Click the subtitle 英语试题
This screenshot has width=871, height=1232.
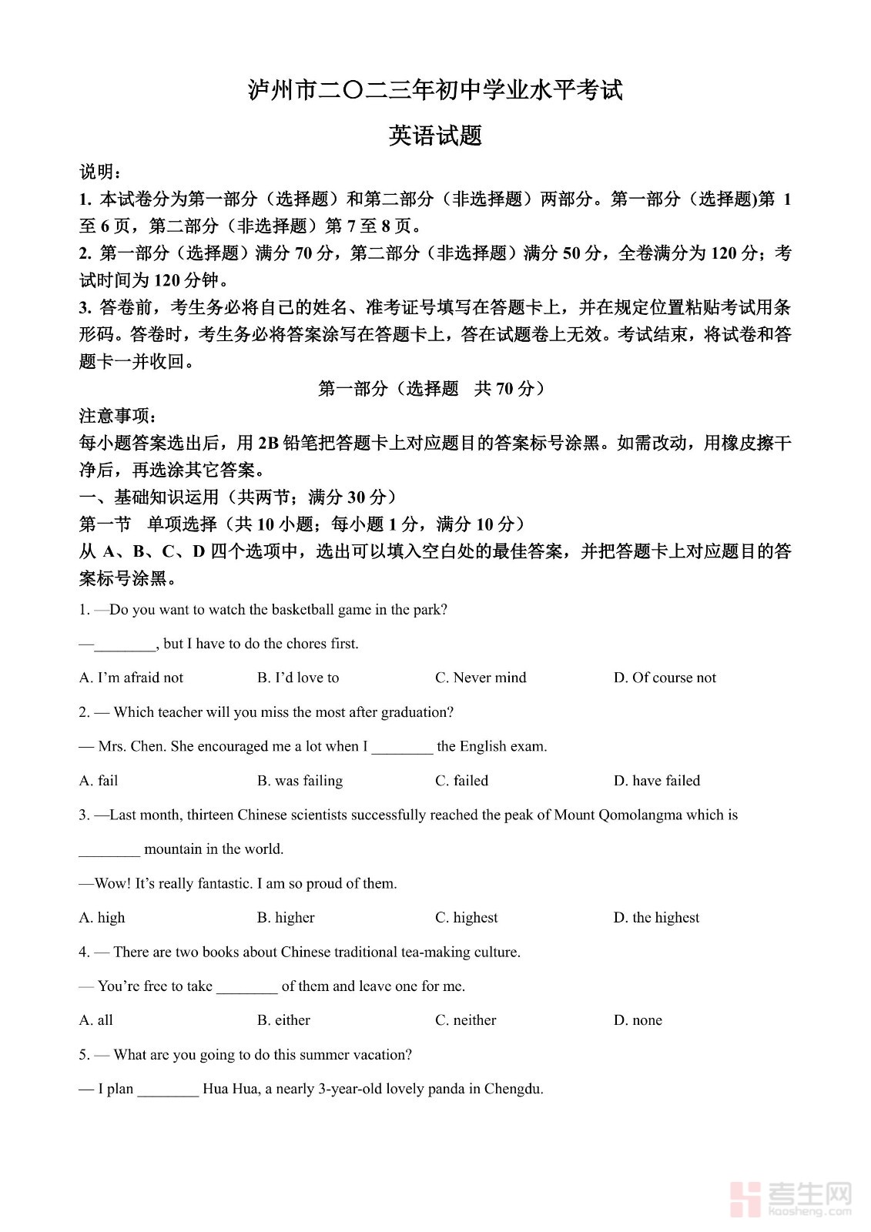click(x=435, y=136)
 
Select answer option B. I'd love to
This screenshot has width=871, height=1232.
click(x=298, y=678)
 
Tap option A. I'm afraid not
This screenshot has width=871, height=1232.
click(x=131, y=678)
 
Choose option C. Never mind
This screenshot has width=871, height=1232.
click(x=481, y=678)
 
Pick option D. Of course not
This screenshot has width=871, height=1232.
click(x=665, y=678)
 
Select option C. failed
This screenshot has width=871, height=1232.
click(x=461, y=780)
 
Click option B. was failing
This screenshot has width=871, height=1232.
click(x=300, y=780)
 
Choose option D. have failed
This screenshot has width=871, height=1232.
click(x=657, y=780)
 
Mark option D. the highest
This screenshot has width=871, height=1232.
click(x=656, y=917)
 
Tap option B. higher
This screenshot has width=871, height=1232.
click(x=286, y=917)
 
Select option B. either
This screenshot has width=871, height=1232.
click(x=283, y=1019)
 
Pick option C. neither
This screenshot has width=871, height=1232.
click(x=465, y=1019)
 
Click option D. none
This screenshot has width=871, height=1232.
click(x=638, y=1019)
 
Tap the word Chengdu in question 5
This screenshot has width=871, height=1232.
click(x=513, y=1089)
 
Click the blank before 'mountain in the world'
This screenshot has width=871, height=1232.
click(x=109, y=850)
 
